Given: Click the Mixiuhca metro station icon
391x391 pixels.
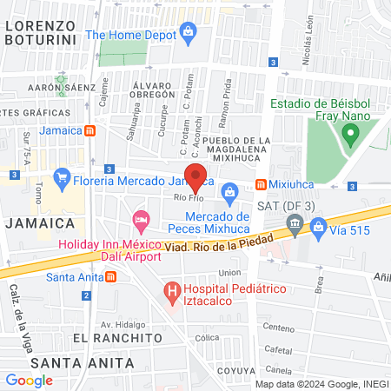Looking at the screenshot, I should pyautogui.click(x=261, y=185).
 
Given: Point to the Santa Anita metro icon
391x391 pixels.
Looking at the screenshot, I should pyautogui.click(x=110, y=277).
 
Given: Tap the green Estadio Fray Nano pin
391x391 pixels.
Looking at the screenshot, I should pyautogui.click(x=350, y=135).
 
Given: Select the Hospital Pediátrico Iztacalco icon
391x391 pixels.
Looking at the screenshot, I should pyautogui.click(x=172, y=289).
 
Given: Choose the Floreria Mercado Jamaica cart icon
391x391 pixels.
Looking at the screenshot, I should pyautogui.click(x=61, y=182).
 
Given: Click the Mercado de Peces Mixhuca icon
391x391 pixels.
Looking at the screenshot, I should pyautogui.click(x=230, y=191).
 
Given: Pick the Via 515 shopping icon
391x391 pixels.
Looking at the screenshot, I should pyautogui.click(x=319, y=228).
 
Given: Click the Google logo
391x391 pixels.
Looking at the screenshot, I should pyautogui.click(x=30, y=380).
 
